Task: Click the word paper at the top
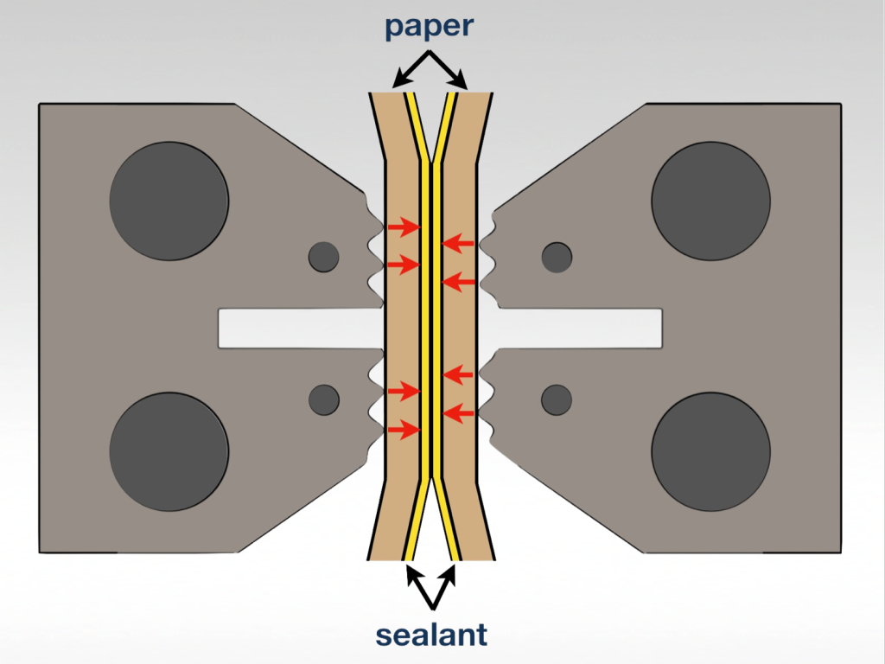tap(430, 26)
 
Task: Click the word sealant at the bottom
tap(431, 635)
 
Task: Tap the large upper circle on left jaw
tap(169, 201)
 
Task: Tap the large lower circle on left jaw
tap(169, 451)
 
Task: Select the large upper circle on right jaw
tap(710, 201)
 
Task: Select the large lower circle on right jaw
tap(710, 451)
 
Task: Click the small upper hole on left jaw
tap(324, 257)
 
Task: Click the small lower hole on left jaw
tap(324, 399)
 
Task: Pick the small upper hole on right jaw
tap(557, 257)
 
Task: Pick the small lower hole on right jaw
tap(557, 399)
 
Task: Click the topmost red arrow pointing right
tap(403, 227)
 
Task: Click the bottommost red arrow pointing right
tap(403, 429)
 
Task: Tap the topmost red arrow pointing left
tap(458, 244)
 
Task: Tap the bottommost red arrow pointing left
tap(458, 413)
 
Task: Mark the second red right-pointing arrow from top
tap(403, 264)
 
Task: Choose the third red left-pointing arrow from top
tap(458, 374)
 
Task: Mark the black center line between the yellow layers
tap(431, 329)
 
